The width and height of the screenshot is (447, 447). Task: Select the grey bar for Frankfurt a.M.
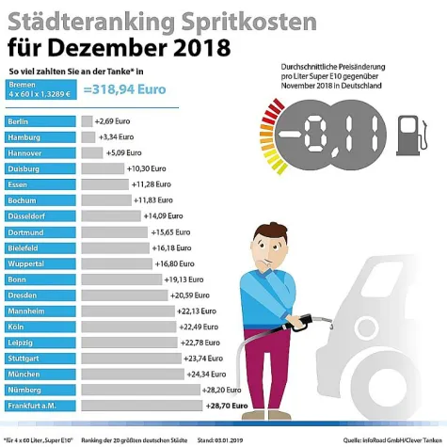pyautogui.click(x=142, y=406)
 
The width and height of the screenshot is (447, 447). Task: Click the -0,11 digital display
pyautogui.click(x=332, y=136)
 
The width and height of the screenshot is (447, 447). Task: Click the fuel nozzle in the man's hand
pyautogui.click(x=311, y=321)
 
